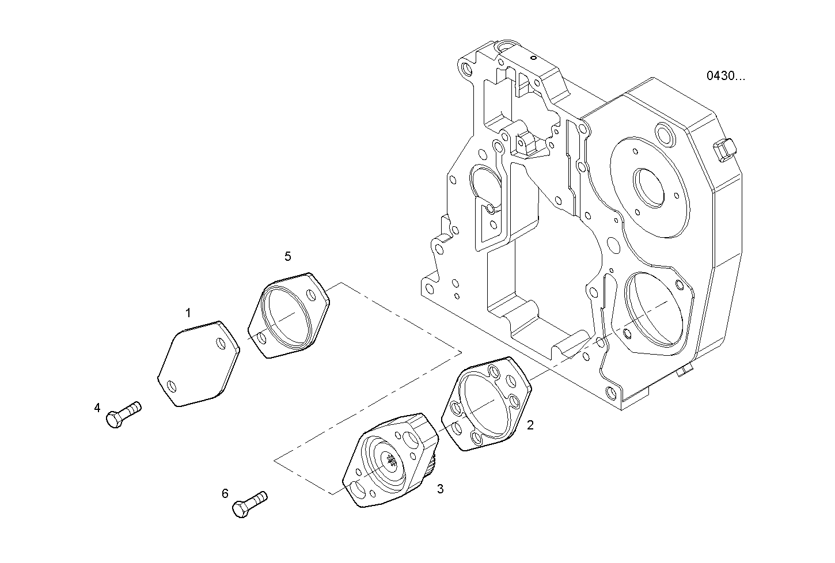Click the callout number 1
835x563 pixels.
188,313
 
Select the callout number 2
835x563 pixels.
530,425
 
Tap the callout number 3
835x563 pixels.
440,489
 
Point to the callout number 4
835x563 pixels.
97,408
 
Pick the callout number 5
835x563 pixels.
288,257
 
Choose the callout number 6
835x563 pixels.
225,493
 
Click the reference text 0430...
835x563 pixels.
725,76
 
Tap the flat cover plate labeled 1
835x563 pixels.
198,365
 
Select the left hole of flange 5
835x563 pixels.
262,338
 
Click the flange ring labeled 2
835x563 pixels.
485,403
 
